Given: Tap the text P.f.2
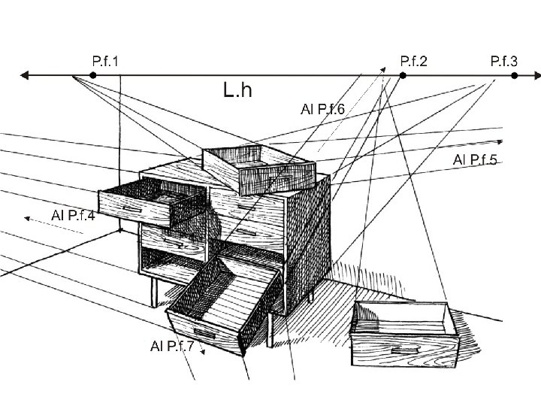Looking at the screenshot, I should click(x=414, y=60).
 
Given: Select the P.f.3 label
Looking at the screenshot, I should click(x=504, y=60).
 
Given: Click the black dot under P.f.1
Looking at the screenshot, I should click(x=92, y=76).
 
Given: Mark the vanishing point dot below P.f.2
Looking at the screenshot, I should click(x=402, y=76).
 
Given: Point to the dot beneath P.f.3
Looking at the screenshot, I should click(x=515, y=76).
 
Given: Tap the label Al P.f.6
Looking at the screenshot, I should click(x=322, y=110).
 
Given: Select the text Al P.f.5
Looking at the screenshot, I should click(x=476, y=159).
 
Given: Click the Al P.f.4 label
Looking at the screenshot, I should click(x=73, y=217).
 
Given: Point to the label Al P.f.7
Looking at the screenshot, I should click(x=172, y=346).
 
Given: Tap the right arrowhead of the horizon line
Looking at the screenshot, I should click(x=536, y=76).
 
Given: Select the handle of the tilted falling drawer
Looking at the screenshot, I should click(x=204, y=332).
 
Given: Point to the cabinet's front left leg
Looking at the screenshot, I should click(x=154, y=293).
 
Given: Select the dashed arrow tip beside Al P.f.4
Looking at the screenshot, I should click(x=26, y=218).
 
